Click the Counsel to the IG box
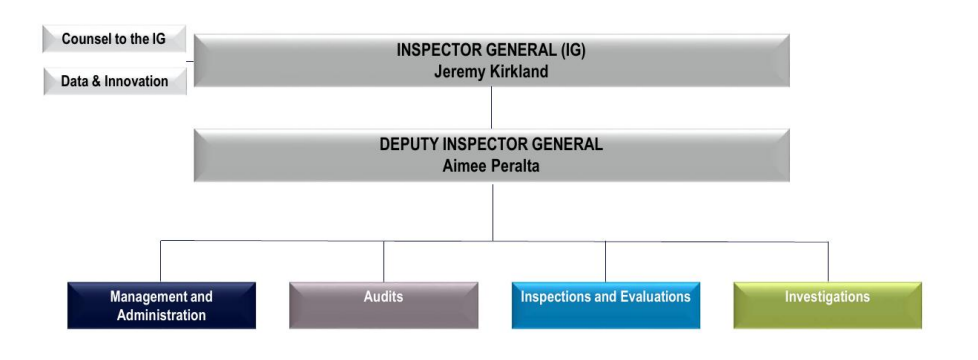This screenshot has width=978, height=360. (x=114, y=40)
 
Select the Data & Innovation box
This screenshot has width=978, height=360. (x=115, y=81)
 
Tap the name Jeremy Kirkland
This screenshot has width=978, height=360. (x=491, y=72)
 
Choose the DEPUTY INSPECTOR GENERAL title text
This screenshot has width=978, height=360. (x=491, y=144)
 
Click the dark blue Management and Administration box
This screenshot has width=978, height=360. (x=161, y=305)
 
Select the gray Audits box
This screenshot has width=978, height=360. (x=383, y=305)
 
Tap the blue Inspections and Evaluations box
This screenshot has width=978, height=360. (x=605, y=305)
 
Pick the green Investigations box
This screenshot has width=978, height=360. (x=827, y=305)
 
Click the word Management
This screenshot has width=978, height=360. (x=148, y=297)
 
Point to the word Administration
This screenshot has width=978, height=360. (x=161, y=315)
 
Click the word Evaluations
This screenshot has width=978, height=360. (x=651, y=297)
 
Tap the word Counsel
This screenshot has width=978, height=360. (x=85, y=40)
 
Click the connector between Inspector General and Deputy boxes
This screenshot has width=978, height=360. (x=491, y=108)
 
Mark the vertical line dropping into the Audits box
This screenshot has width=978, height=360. (x=383, y=261)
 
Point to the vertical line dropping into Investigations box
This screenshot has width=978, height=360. (x=828, y=261)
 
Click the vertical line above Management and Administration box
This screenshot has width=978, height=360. (x=161, y=261)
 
